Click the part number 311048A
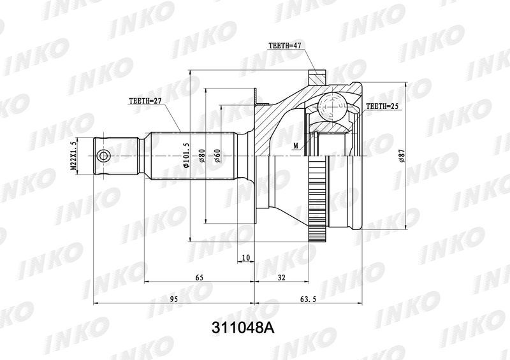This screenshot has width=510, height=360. (x=244, y=328)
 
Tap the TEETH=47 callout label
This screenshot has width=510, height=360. (x=284, y=45)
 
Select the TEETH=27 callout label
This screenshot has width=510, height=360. (x=145, y=101)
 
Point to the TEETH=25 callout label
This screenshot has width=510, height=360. (x=382, y=106)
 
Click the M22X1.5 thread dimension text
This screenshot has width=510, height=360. (x=73, y=155)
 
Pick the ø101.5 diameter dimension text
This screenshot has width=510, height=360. (x=186, y=155)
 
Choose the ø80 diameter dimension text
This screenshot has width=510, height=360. (x=201, y=155)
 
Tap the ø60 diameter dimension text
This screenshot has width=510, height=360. (x=217, y=155)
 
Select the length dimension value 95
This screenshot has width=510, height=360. (x=173, y=299)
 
